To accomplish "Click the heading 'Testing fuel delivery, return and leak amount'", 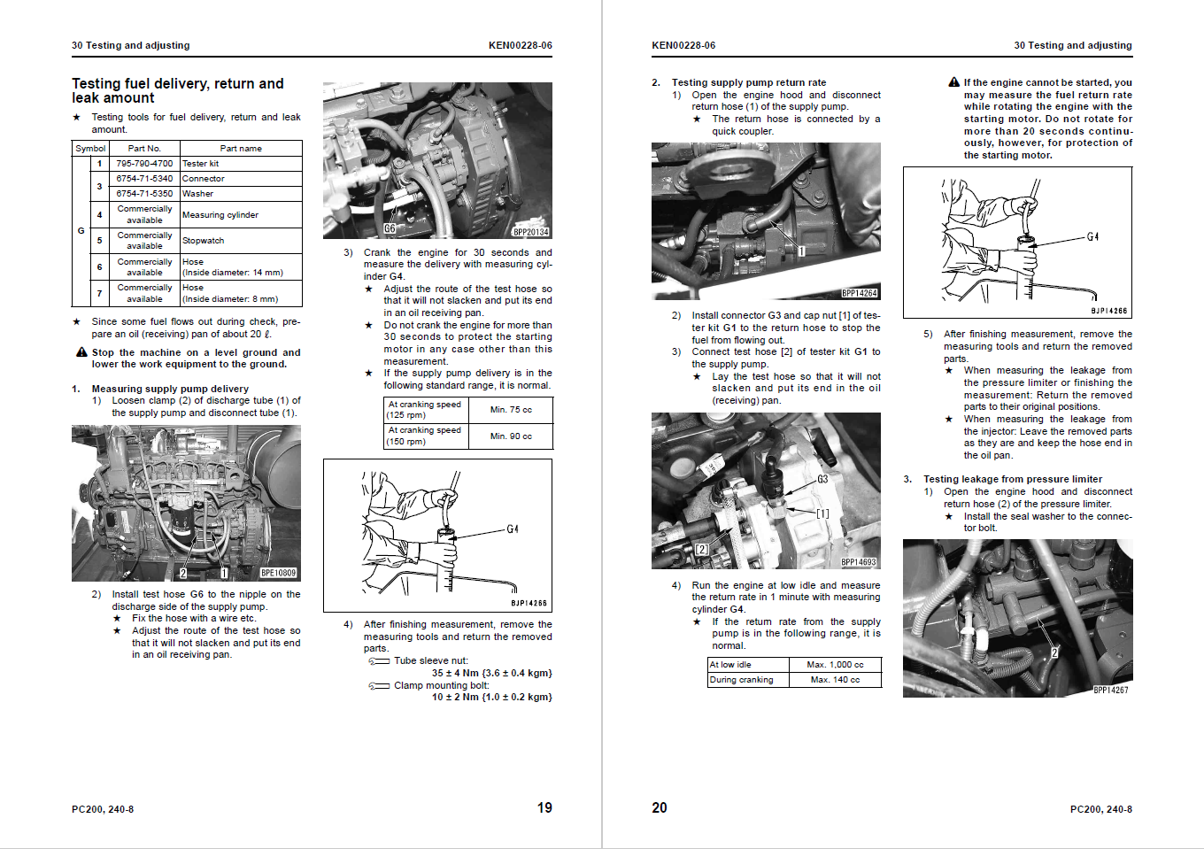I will [177, 90].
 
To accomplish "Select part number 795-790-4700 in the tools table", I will [144, 163].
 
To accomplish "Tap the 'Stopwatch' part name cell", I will [203, 241].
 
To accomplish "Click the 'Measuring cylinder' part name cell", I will [220, 215].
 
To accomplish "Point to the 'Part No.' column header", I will [144, 149].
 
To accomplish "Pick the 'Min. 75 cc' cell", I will [511, 410].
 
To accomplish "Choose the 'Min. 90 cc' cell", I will [511, 436].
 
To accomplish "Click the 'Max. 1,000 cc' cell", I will [834, 665].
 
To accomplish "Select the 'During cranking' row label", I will [741, 680].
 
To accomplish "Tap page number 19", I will [544, 807].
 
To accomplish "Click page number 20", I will [660, 807].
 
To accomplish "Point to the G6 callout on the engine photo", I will [390, 228].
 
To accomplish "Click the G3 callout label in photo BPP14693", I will [822, 479].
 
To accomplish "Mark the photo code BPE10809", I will [278, 573].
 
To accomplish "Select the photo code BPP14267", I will [1110, 691].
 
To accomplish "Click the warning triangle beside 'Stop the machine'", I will [81, 352].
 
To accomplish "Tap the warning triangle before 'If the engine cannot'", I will [953, 82].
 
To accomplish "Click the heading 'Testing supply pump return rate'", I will [748, 82].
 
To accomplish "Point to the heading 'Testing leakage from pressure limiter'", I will [1012, 479].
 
